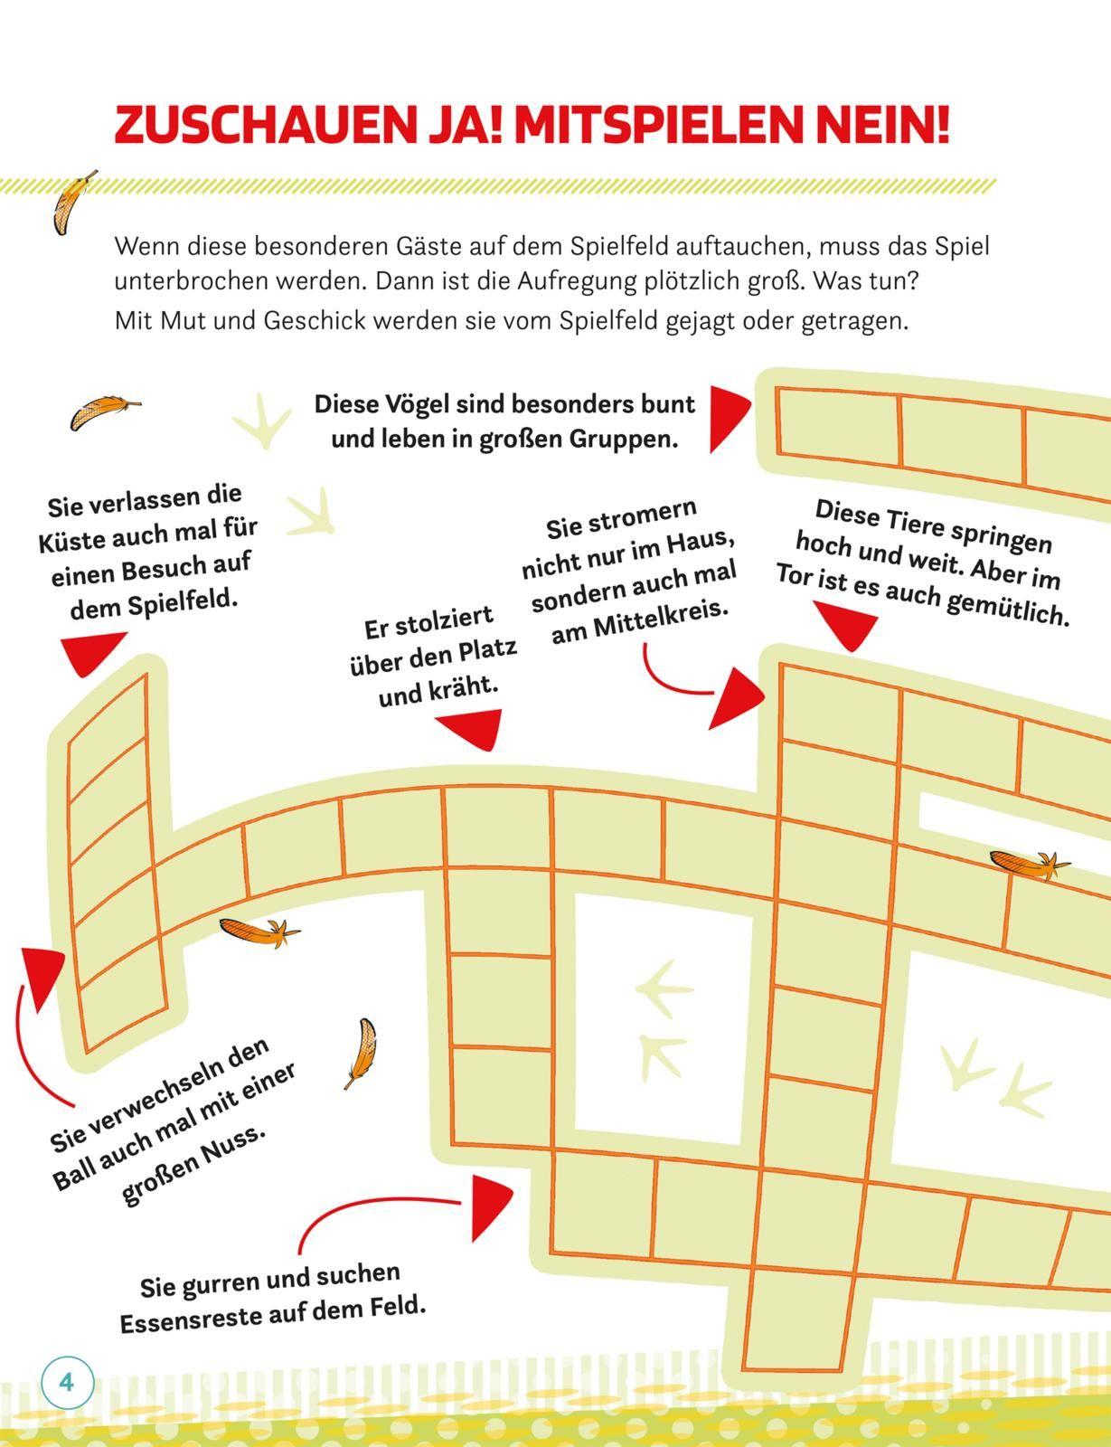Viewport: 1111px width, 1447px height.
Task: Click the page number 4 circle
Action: click(x=67, y=1383)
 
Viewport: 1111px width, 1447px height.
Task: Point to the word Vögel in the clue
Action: click(x=433, y=404)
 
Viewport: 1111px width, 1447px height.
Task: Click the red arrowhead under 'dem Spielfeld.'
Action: click(x=92, y=653)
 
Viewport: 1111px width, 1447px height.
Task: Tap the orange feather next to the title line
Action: click(x=72, y=203)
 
